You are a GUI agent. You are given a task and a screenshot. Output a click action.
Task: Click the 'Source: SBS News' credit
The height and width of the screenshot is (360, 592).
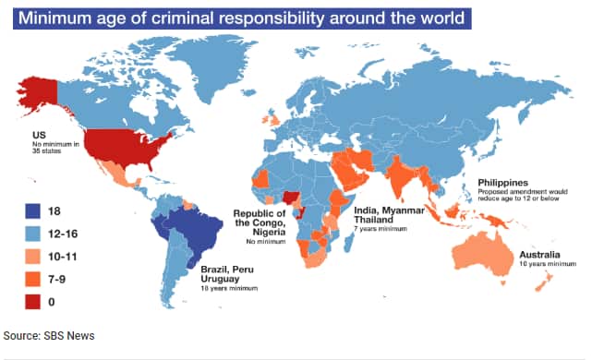(48, 335)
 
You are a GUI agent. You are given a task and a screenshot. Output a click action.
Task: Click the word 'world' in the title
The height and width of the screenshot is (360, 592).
(431, 17)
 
